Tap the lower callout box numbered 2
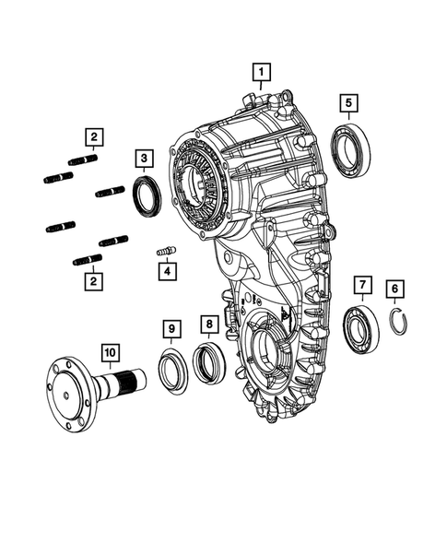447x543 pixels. click(x=93, y=279)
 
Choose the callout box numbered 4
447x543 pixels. click(x=166, y=272)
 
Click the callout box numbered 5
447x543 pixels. click(x=348, y=102)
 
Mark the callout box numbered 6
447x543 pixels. click(x=394, y=289)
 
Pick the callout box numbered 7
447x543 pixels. click(x=361, y=284)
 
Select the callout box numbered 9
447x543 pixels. click(x=171, y=328)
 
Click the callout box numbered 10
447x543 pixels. click(x=110, y=352)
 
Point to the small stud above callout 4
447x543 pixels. click(x=166, y=249)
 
